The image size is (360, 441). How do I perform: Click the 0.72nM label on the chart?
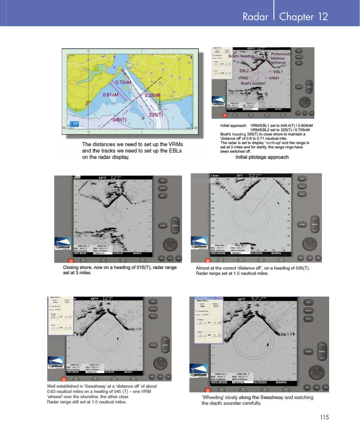click(x=123, y=82)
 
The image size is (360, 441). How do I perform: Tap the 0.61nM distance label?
click(x=110, y=95)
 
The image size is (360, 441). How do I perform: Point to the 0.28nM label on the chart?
click(x=152, y=95)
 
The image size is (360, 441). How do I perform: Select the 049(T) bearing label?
click(x=119, y=120)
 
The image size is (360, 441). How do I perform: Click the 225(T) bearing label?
click(x=156, y=115)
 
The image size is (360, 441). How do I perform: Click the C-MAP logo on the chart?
click(x=74, y=124)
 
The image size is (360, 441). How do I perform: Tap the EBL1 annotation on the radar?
click(x=278, y=72)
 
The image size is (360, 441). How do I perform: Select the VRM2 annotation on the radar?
click(x=243, y=78)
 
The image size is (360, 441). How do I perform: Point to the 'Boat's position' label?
click(x=253, y=83)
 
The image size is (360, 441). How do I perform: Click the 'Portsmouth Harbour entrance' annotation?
click(x=280, y=58)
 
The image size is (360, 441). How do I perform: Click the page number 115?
click(x=324, y=417)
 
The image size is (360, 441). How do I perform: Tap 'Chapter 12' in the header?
click(x=303, y=17)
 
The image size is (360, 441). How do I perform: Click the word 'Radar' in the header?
click(x=255, y=17)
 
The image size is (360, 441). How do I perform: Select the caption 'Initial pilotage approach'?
click(x=262, y=157)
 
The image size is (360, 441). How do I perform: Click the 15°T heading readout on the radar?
click(x=102, y=178)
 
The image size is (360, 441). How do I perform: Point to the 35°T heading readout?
click(x=239, y=175)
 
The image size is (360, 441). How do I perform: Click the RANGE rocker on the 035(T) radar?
click(x=315, y=225)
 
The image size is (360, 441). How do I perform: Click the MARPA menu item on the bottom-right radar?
click(x=281, y=382)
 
